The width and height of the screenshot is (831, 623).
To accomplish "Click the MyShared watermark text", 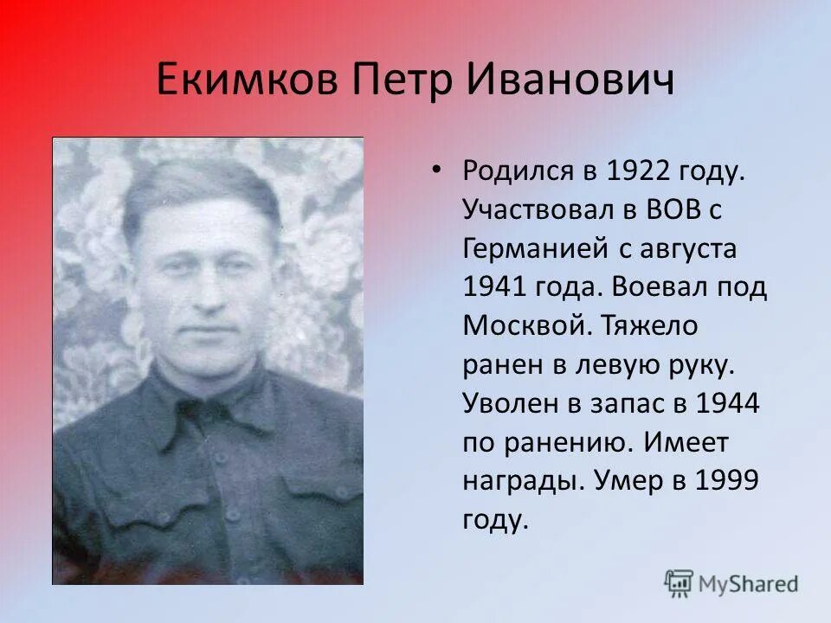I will point(749,584).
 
